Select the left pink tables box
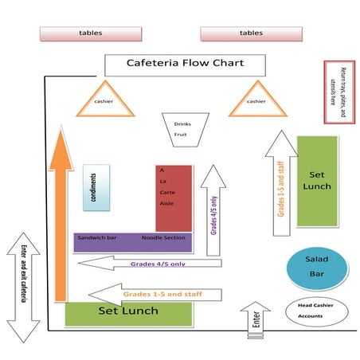click(x=90, y=33)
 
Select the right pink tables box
click(x=250, y=33)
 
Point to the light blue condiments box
click(x=95, y=188)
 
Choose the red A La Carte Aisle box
click(x=174, y=198)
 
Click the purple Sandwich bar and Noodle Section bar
click(x=131, y=239)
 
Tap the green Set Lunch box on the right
click(x=316, y=180)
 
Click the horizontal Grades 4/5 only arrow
click(x=159, y=264)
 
